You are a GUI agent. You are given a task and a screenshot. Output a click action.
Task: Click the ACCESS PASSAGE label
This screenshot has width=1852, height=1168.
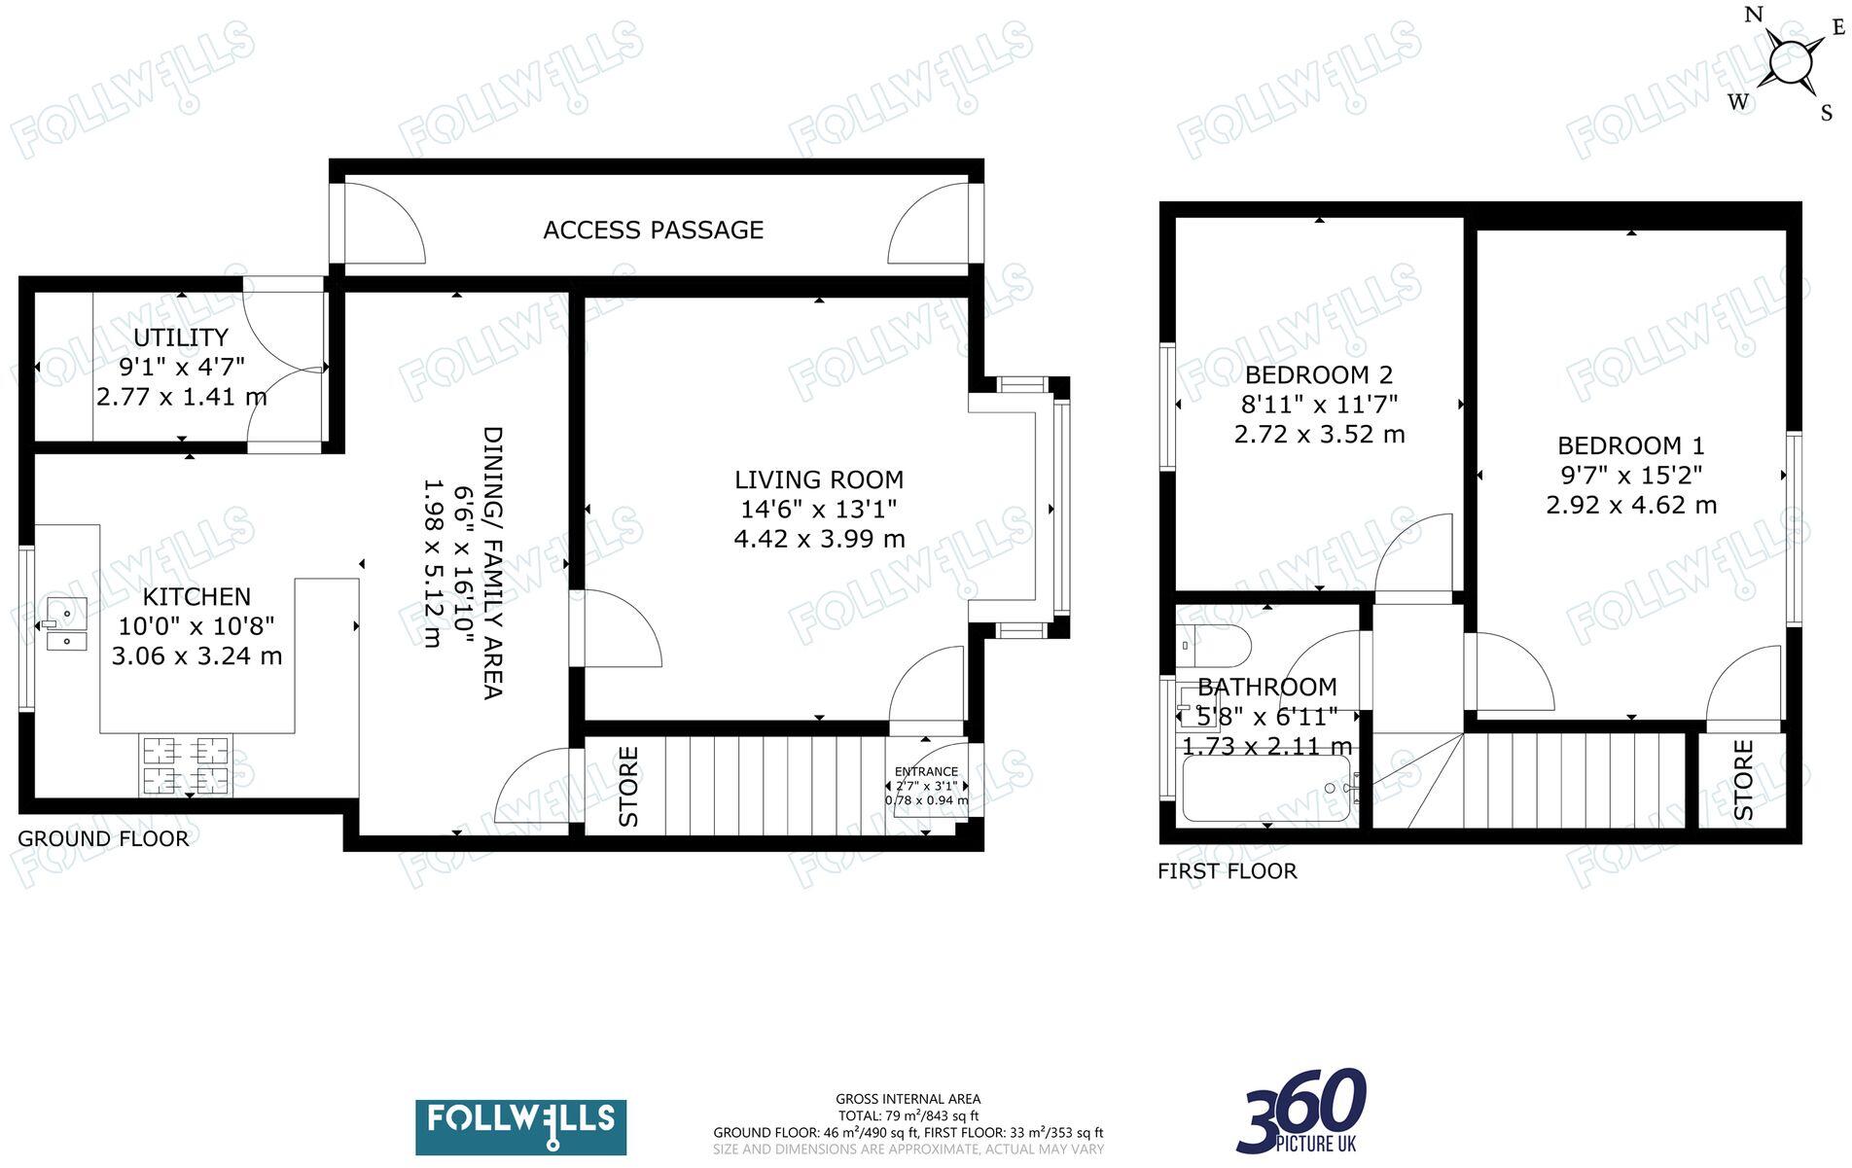[653, 230]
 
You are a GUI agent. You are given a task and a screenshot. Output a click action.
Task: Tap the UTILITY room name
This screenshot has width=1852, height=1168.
[181, 337]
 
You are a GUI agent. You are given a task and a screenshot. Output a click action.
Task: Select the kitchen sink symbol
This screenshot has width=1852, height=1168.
[65, 623]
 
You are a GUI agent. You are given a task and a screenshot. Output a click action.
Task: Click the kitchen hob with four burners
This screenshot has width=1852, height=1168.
[186, 765]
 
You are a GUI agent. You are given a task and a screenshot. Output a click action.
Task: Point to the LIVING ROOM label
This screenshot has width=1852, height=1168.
[818, 479]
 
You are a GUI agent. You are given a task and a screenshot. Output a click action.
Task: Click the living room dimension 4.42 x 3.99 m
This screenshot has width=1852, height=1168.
[819, 539]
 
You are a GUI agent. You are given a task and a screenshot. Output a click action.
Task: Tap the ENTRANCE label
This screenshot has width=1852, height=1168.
[926, 771]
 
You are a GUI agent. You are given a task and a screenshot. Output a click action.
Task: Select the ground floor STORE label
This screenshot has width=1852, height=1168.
[629, 786]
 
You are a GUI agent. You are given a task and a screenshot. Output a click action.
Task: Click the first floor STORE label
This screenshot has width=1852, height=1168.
[1743, 780]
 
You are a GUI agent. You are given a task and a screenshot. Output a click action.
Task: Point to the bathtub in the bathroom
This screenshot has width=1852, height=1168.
[1265, 789]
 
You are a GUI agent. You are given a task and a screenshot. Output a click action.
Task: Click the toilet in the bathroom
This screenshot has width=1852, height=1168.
[1213, 643]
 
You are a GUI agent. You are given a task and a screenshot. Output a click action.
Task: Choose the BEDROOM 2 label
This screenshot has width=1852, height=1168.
[1318, 374]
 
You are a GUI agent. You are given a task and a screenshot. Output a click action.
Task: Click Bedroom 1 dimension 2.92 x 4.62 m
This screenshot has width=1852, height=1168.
[1630, 506]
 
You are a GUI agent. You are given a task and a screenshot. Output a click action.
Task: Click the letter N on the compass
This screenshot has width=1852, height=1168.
[1754, 15]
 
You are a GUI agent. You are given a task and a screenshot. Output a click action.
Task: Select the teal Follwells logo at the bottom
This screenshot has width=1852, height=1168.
[520, 1126]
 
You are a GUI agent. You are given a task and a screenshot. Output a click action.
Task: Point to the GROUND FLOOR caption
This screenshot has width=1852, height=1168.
[103, 838]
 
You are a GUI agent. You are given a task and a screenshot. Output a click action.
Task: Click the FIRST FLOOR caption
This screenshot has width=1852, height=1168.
[1227, 871]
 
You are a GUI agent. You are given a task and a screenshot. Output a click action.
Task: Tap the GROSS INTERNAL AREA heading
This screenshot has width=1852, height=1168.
[908, 1099]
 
